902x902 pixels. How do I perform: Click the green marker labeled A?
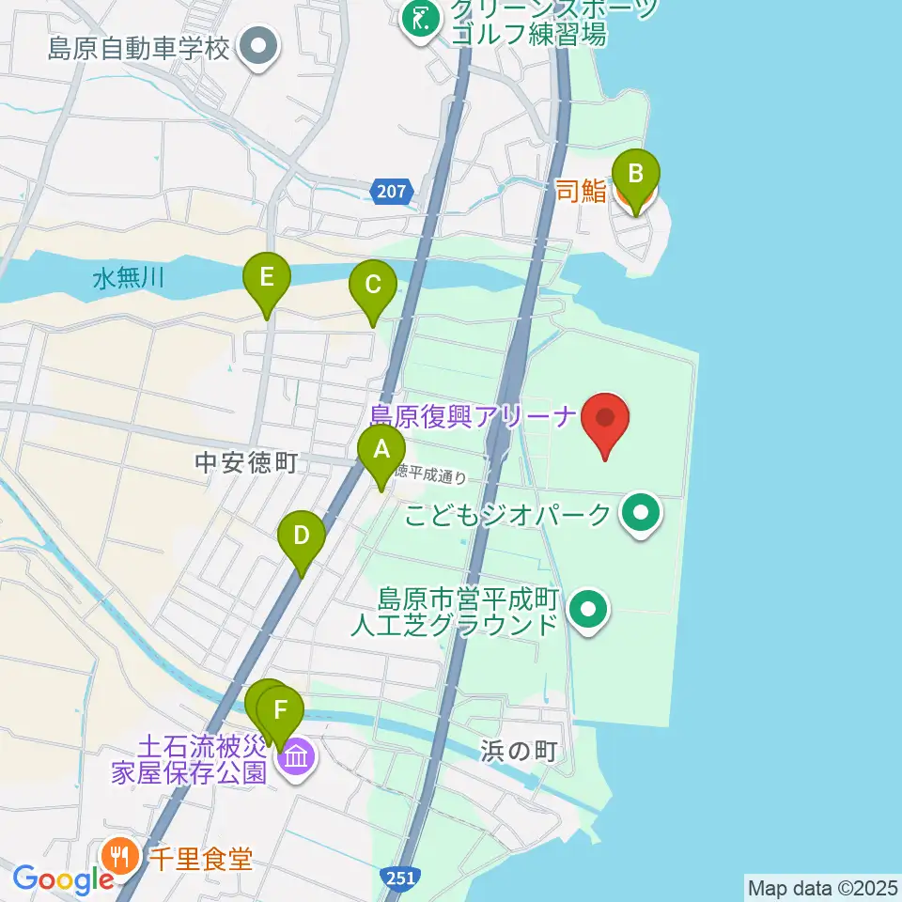point(381,450)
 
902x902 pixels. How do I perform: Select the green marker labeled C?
point(372,285)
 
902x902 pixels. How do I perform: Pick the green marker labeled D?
point(301,537)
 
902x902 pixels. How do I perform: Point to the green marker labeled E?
point(267,278)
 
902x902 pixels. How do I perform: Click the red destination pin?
point(605,419)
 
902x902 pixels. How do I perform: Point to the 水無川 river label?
point(130,278)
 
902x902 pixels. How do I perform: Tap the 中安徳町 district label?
point(246,461)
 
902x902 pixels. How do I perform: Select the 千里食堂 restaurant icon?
point(118,856)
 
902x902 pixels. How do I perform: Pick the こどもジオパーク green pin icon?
point(643,513)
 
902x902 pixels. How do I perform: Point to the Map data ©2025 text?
point(823,887)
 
